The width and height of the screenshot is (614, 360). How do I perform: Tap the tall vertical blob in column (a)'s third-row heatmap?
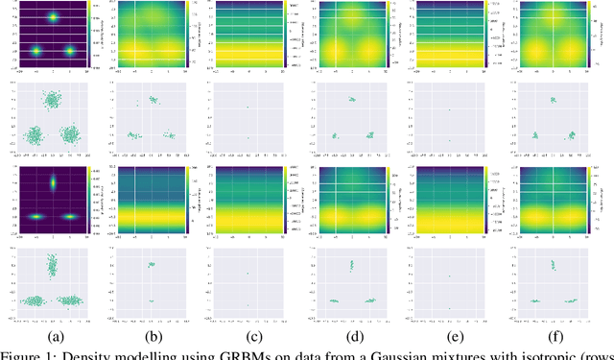(53, 182)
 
